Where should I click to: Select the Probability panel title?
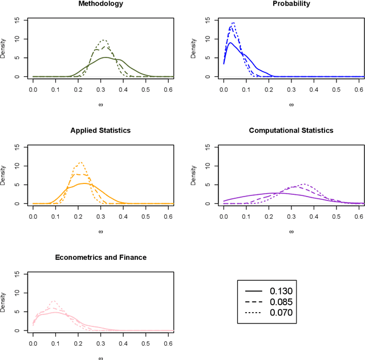[x=291, y=3]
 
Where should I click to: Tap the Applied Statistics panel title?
[x=100, y=130]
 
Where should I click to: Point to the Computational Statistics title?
[x=291, y=130]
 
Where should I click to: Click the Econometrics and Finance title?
[x=100, y=257]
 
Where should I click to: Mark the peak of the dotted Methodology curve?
[x=103, y=40]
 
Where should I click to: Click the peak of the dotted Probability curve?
[x=233, y=22]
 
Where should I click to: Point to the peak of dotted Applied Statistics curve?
[x=81, y=162]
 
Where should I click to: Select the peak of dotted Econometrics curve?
[x=54, y=301]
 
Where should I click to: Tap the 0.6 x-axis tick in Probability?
[x=359, y=91]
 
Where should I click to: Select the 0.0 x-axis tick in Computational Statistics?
[x=224, y=218]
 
